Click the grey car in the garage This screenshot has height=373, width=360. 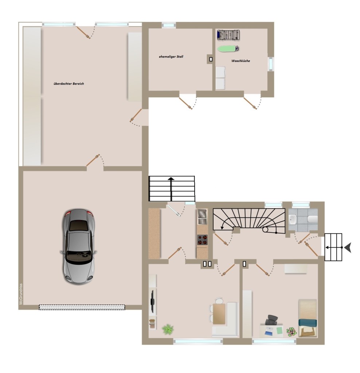pyautogui.click(x=78, y=247)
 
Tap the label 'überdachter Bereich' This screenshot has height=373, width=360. pyautogui.click(x=69, y=84)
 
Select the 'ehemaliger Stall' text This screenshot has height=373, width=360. pyautogui.click(x=171, y=56)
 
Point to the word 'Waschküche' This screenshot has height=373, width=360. pyautogui.click(x=240, y=61)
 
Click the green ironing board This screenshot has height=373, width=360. pyautogui.click(x=228, y=48)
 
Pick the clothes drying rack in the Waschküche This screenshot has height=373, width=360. pyautogui.click(x=228, y=35)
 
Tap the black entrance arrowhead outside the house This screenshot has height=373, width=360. pyautogui.click(x=348, y=248)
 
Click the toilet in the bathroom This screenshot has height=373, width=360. pyautogui.click(x=312, y=219)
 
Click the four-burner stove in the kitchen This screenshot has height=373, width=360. pyautogui.click(x=202, y=240)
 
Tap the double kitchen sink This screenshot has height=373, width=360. pyautogui.click(x=202, y=217)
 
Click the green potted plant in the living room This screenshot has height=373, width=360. pyautogui.click(x=168, y=329)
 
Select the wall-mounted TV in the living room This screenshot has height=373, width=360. pyautogui.click(x=153, y=301)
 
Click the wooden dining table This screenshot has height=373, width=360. pyautogui.click(x=219, y=314)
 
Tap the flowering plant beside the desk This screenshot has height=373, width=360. pyautogui.click(x=291, y=331)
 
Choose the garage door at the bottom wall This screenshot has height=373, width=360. pyautogui.click(x=82, y=307)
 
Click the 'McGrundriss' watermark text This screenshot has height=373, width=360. pyautogui.click(x=21, y=294)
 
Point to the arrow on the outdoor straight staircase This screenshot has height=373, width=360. pyautogui.click(x=171, y=189)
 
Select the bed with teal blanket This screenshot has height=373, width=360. pyautogui.click(x=308, y=318)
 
